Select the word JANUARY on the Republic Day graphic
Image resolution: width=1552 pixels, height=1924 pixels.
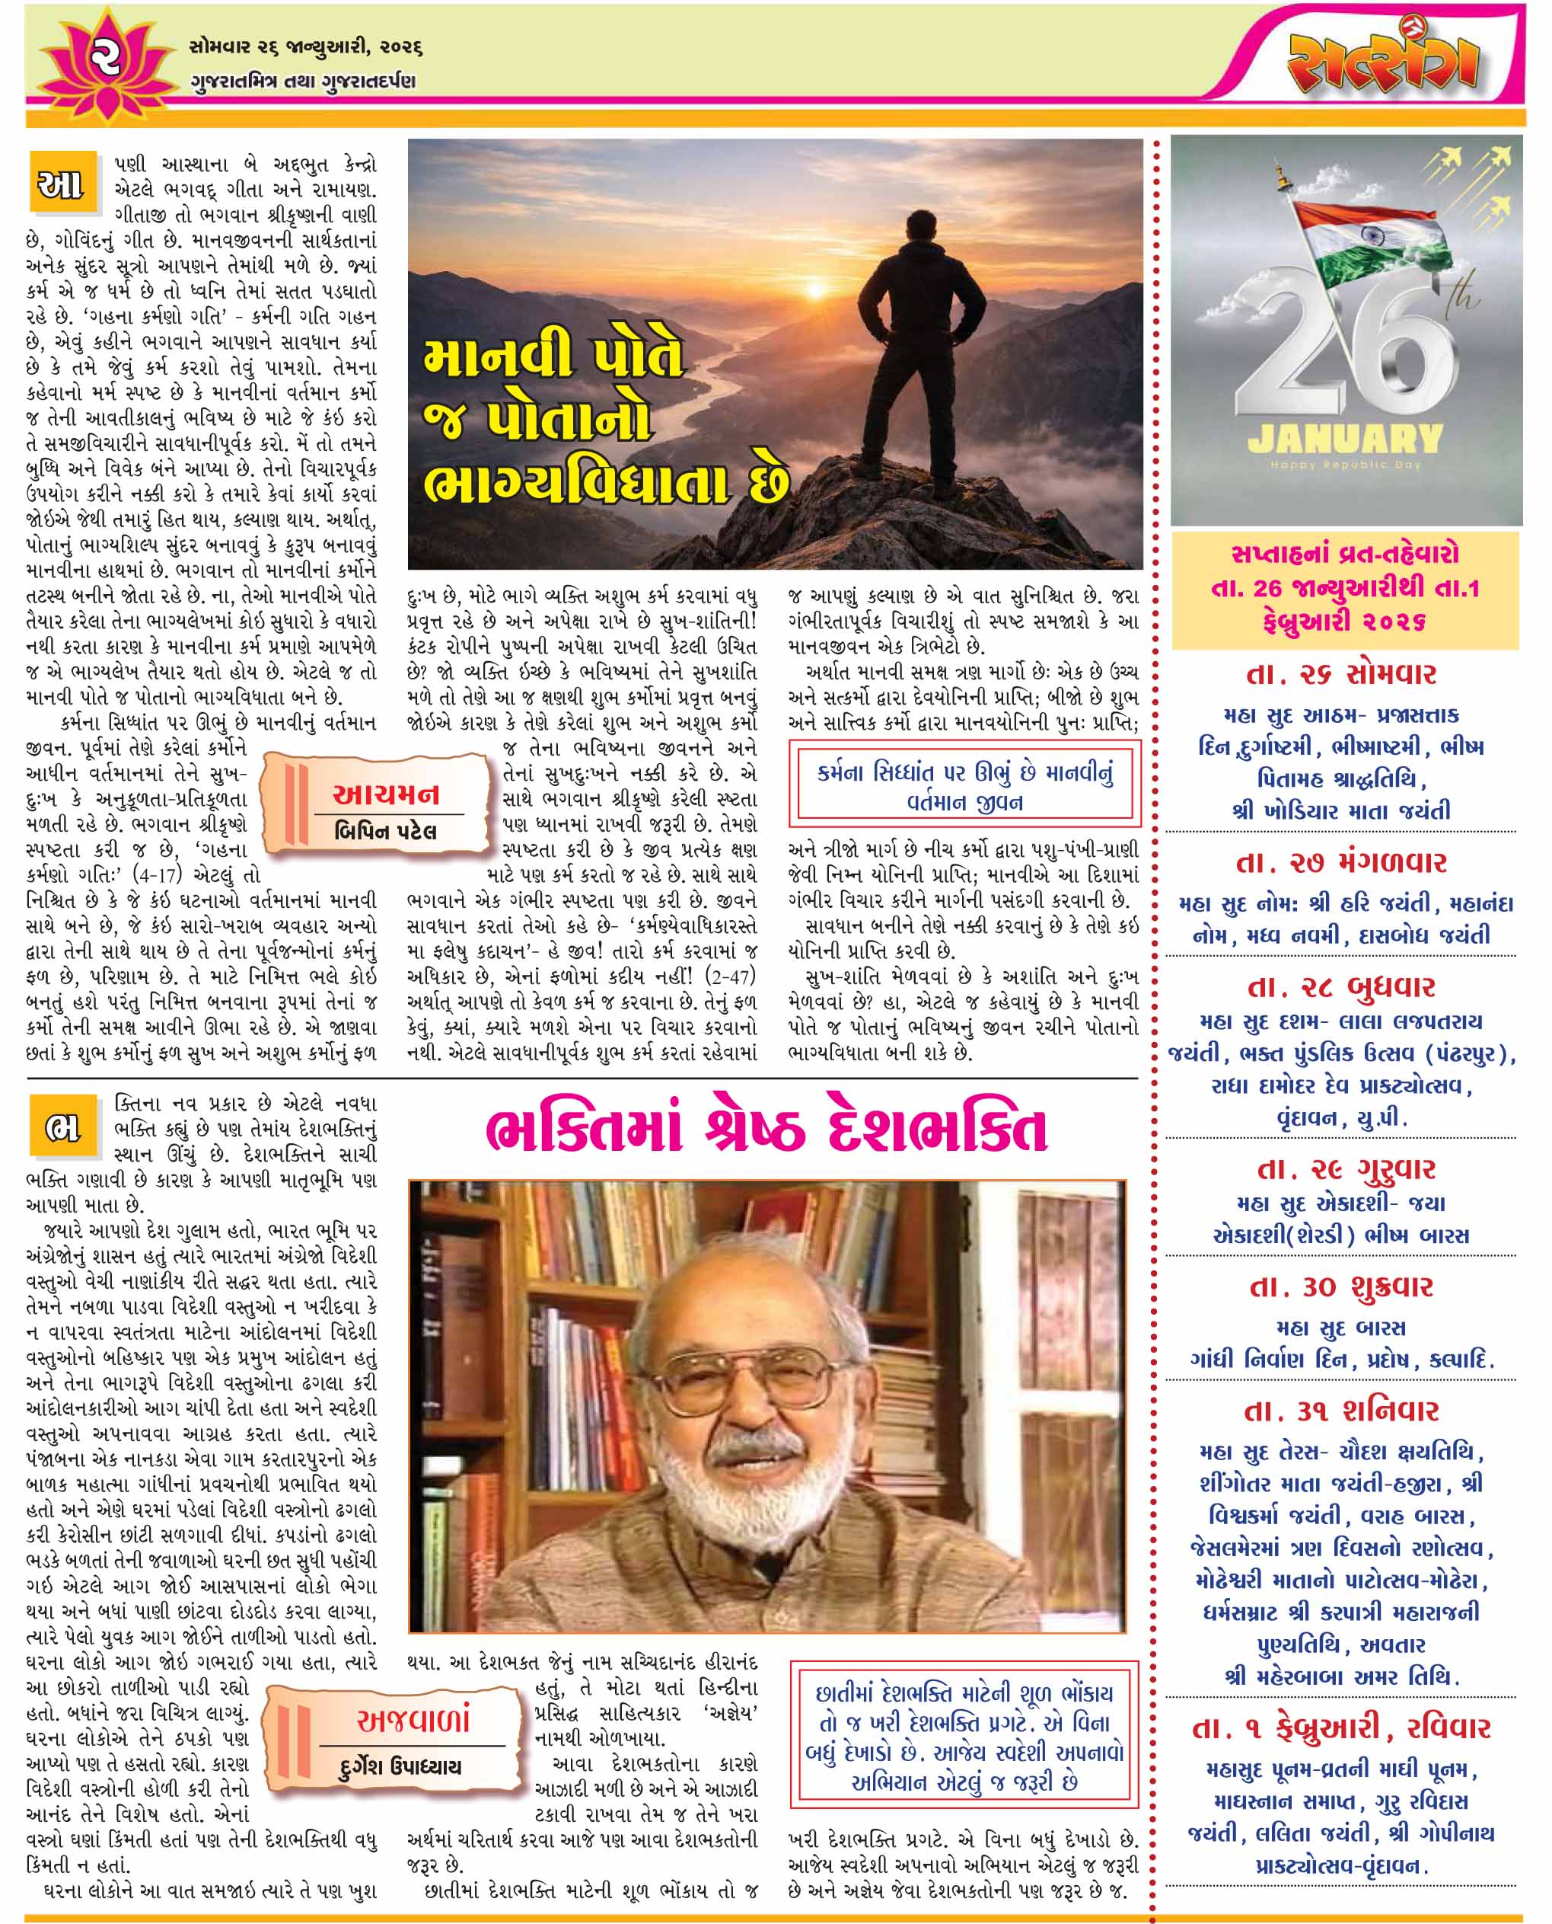tap(1345, 438)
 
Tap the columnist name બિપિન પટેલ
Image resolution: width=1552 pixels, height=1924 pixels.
tap(385, 831)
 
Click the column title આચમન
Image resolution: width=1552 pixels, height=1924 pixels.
tap(385, 794)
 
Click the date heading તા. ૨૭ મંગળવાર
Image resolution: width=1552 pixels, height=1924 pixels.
tap(1341, 863)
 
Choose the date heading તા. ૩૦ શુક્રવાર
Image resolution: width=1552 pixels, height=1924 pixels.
tap(1341, 1287)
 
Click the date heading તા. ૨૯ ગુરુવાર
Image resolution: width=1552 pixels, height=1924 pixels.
tap(1341, 1169)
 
